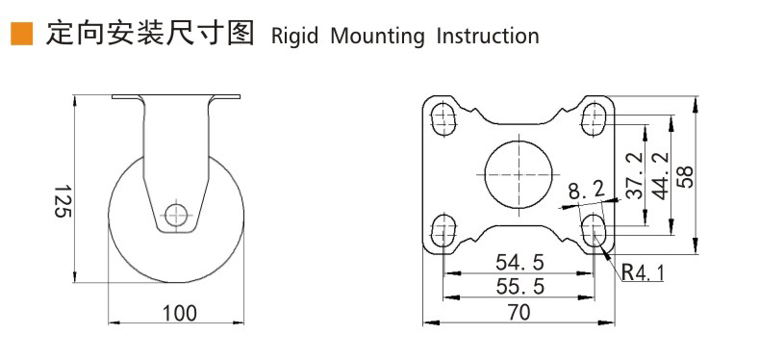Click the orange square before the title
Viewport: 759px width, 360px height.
tap(21, 35)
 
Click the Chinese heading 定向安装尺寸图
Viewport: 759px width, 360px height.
tap(149, 35)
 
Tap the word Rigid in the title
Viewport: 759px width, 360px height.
tap(296, 37)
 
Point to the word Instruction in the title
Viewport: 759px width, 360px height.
tap(488, 37)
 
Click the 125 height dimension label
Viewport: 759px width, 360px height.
tap(61, 200)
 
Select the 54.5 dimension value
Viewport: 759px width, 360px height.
tap(519, 262)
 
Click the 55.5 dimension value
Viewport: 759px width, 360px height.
tap(519, 286)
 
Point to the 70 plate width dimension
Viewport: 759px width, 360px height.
tap(519, 312)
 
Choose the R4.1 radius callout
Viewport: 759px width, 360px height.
tap(642, 272)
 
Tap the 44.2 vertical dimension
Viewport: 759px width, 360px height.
tap(660, 175)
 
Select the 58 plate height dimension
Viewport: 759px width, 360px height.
tap(686, 175)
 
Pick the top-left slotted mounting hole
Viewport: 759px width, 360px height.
tap(443, 119)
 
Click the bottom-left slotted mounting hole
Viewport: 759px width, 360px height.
tap(443, 230)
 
